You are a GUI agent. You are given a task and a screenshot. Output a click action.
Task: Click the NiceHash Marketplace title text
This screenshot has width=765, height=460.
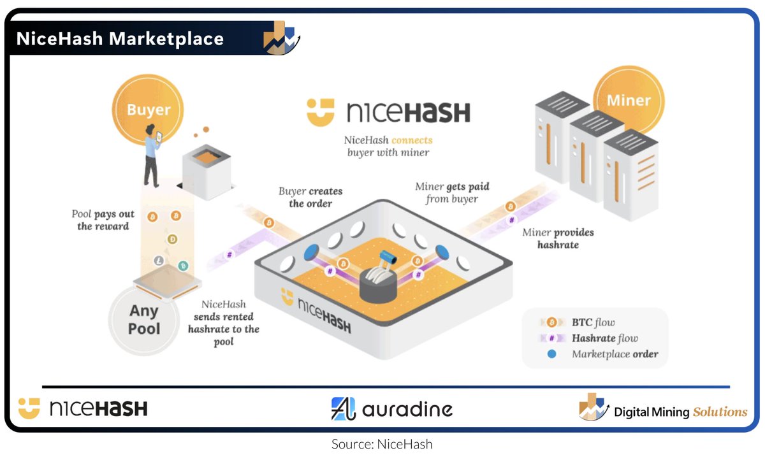[x=120, y=39]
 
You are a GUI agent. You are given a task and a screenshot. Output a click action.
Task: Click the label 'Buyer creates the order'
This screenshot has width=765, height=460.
[x=310, y=198]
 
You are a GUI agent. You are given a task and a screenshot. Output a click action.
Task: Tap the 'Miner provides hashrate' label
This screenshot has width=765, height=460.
[x=557, y=238]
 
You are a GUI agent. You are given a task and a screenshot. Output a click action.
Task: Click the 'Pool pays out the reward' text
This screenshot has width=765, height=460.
[x=103, y=220]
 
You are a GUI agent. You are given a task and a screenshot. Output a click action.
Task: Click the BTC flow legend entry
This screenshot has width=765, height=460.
[x=593, y=322]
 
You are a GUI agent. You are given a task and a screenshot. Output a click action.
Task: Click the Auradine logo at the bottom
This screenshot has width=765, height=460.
[x=391, y=409]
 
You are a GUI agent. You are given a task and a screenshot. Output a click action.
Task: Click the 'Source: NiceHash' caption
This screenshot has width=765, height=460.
[x=382, y=444]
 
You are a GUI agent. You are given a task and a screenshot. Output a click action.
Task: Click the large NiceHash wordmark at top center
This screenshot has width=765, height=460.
[x=388, y=112]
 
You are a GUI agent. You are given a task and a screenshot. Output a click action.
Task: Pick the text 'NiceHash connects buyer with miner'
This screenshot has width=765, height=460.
[x=388, y=147]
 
